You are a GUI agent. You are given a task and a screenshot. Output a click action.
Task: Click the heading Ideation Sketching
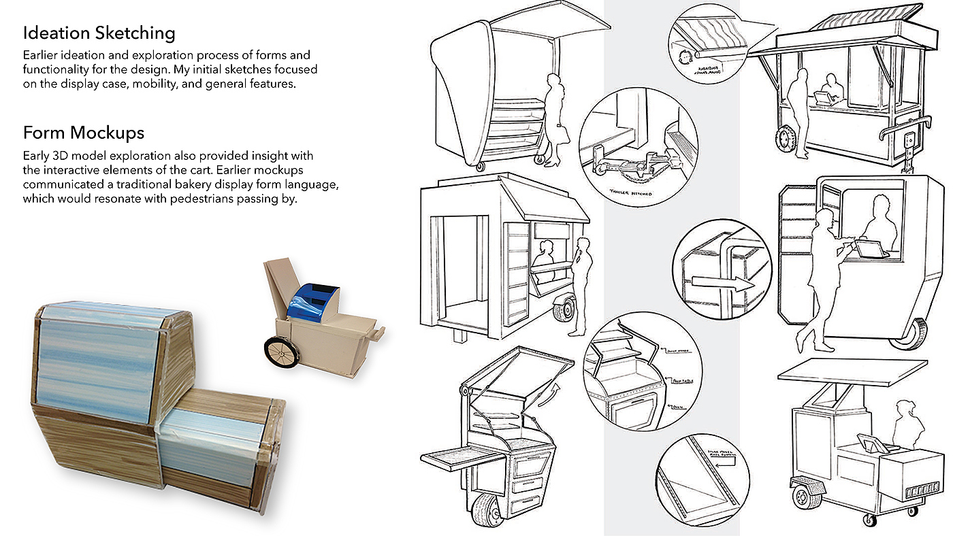tap(99, 33)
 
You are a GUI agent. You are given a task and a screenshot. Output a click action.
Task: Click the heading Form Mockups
tap(84, 131)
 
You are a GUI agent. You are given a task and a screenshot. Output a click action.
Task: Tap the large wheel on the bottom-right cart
tap(808, 497)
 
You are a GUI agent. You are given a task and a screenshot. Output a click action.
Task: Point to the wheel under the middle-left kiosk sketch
tap(564, 312)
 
